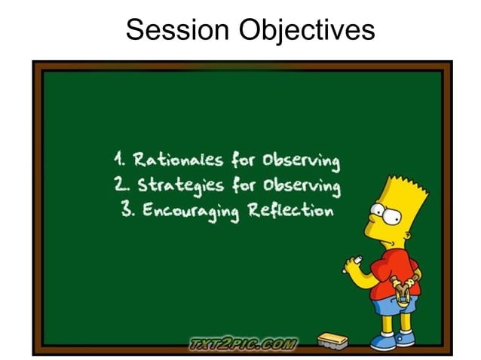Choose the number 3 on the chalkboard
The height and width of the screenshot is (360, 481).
126,209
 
